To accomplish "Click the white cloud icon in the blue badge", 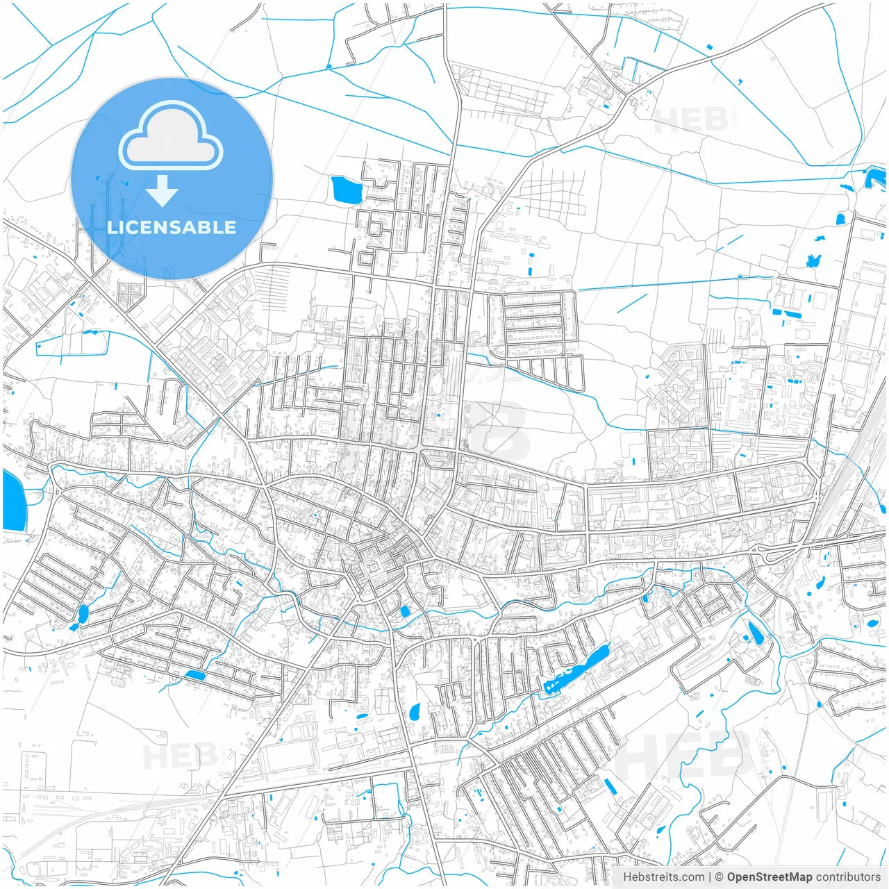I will click(x=171, y=136).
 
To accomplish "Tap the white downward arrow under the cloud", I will click(x=163, y=191).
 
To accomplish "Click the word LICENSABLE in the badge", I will click(x=171, y=227).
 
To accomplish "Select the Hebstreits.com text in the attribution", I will click(x=663, y=877).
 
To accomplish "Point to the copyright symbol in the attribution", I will click(x=720, y=877).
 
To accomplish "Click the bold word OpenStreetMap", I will click(x=770, y=877).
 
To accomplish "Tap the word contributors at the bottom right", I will click(x=848, y=877).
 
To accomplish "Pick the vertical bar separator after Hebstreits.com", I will click(x=710, y=877).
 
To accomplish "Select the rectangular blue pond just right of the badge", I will click(x=346, y=190).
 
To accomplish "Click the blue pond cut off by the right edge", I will click(x=876, y=176).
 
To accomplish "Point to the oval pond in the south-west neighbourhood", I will click(x=83, y=613).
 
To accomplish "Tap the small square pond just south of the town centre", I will click(x=404, y=611).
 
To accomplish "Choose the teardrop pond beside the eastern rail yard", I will click(x=754, y=632).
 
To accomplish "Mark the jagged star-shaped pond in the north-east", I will click(x=813, y=261).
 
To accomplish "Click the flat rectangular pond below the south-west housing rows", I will click(x=195, y=674).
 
